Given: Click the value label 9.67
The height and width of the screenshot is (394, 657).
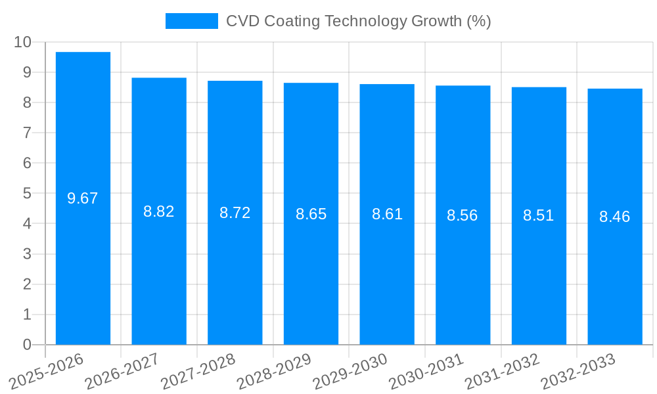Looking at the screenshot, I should tap(83, 198).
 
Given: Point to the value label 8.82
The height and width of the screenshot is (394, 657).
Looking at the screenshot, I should tap(159, 211).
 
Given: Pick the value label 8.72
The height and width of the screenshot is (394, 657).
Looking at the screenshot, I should tap(235, 213).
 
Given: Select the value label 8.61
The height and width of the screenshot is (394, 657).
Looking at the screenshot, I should tap(387, 214).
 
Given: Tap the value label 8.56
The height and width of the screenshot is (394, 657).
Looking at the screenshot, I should tap(463, 215).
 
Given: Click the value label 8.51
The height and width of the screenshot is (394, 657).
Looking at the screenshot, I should tap(539, 215).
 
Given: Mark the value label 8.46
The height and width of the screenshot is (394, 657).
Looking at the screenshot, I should tap(615, 217).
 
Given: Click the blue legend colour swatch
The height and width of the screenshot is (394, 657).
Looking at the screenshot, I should tap(191, 21).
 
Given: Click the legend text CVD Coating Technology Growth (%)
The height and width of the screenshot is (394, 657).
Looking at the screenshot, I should tap(359, 21).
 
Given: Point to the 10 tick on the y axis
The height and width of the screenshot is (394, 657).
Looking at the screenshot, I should tap(22, 42).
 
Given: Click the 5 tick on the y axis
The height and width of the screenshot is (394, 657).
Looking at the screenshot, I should tap(27, 194).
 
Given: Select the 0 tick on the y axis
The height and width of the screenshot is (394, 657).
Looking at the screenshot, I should tap(27, 345).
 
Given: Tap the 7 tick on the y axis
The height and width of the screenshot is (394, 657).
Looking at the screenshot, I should tap(27, 133).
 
